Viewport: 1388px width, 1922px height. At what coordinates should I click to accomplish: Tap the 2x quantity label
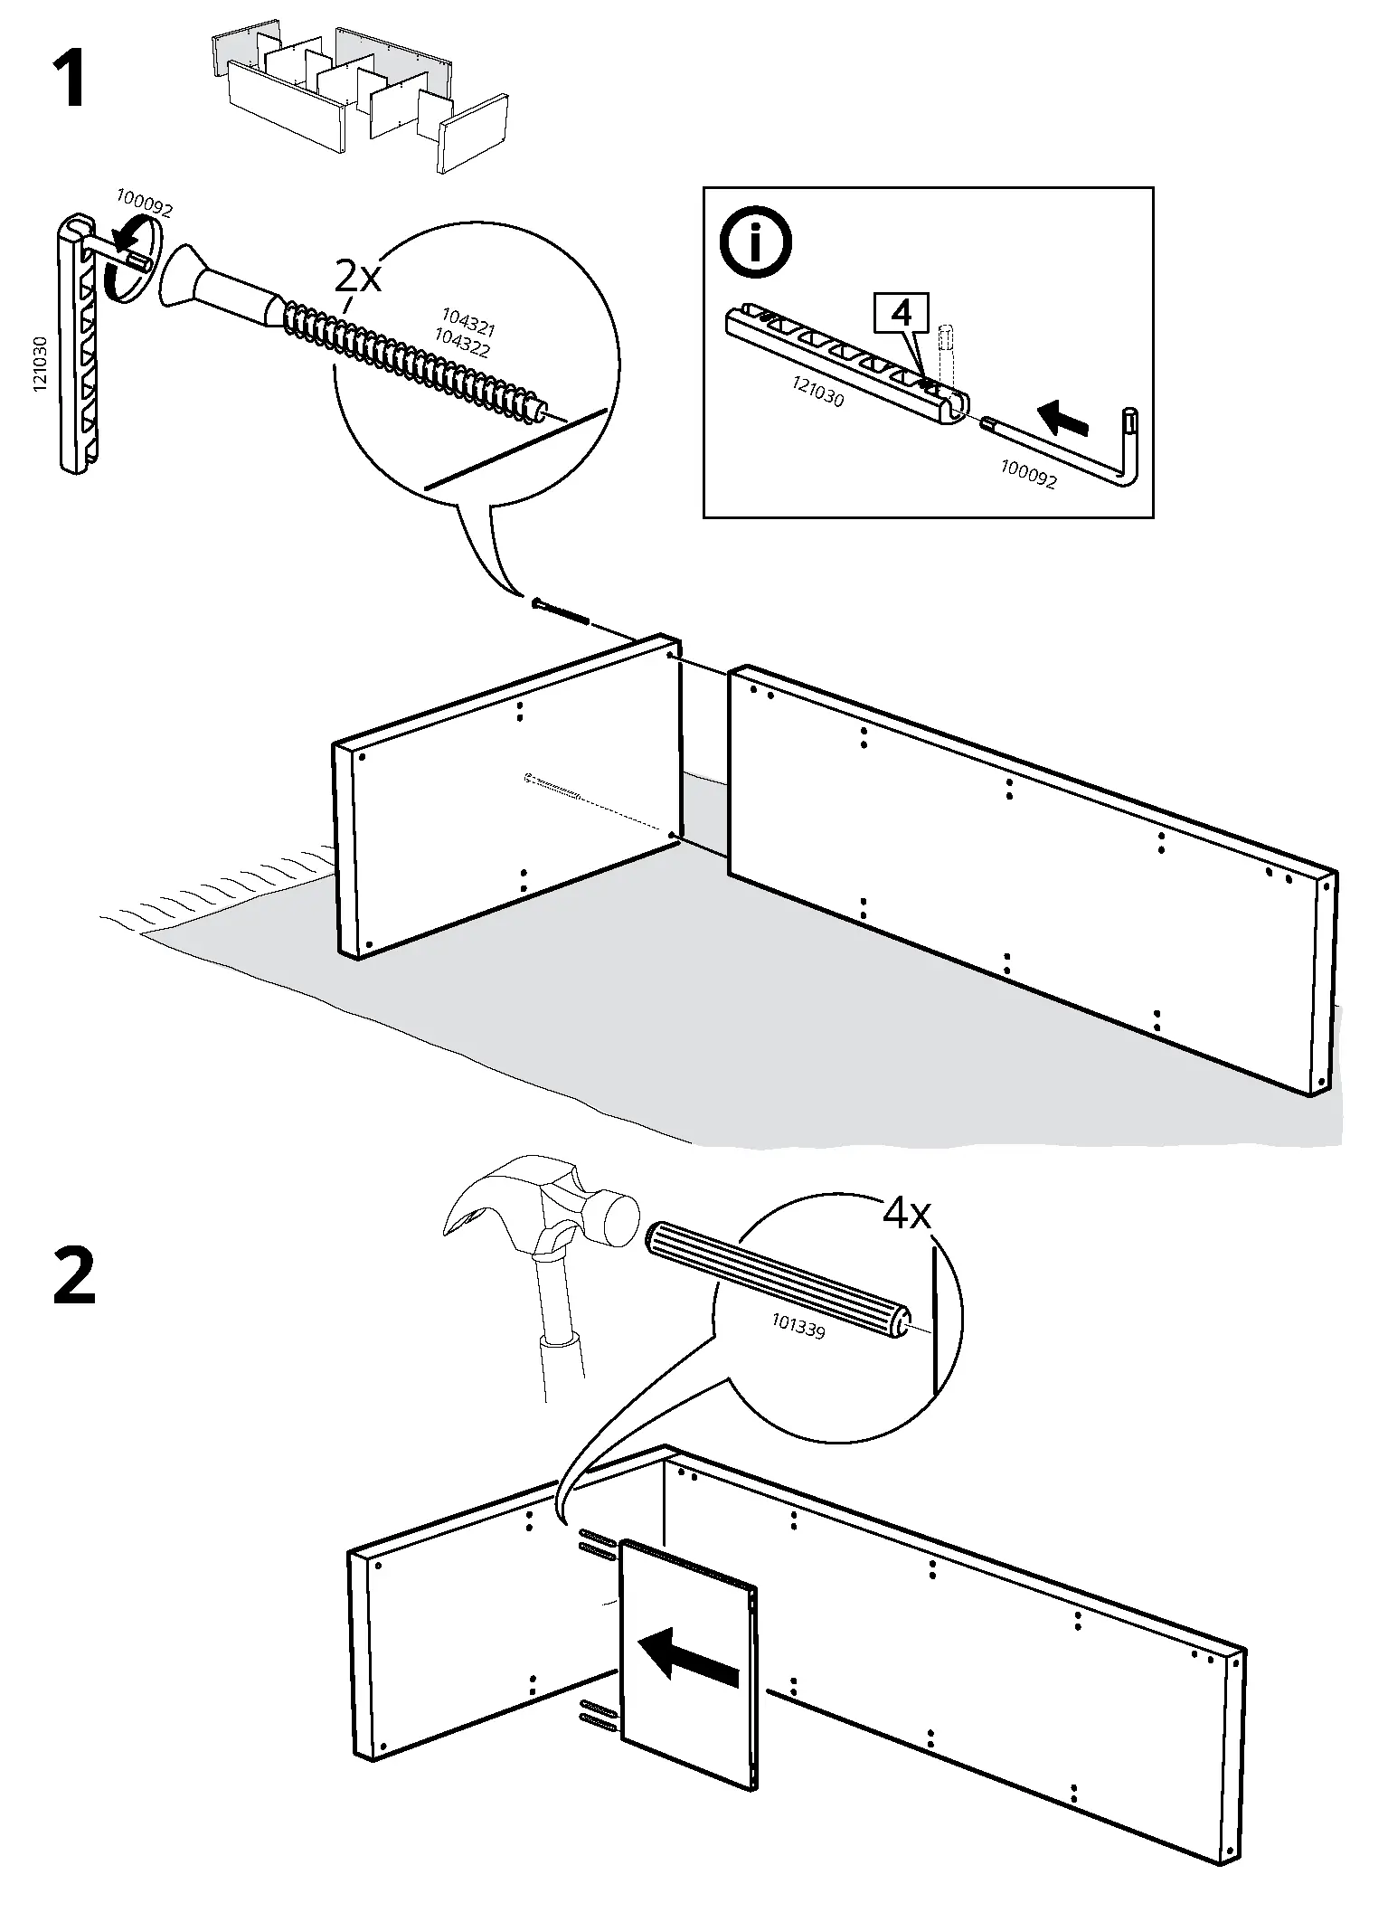358,276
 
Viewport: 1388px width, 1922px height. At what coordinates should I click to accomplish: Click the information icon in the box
755,241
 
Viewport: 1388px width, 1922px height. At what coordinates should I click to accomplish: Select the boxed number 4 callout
901,314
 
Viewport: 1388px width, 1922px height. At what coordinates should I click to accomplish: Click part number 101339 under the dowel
798,1327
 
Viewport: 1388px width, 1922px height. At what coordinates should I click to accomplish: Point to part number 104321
468,322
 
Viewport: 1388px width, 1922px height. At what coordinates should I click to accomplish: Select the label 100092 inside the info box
1028,474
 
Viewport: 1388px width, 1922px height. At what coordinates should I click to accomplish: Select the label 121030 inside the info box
817,392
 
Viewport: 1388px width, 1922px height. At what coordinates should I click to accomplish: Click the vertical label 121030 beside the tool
39,365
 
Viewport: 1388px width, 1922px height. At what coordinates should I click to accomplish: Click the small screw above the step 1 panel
561,611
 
